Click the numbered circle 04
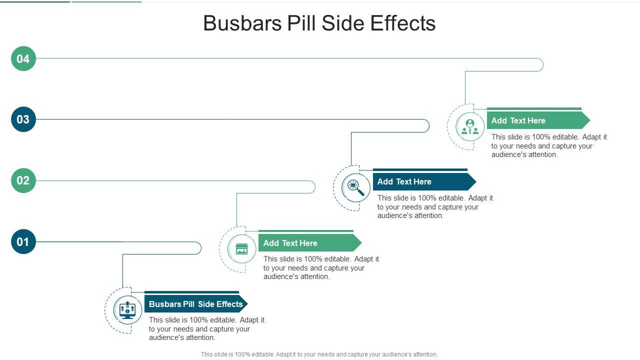pos(23,58)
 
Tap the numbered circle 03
pos(23,119)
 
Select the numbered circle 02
pos(23,180)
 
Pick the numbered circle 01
pos(23,241)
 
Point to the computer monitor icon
pos(127,310)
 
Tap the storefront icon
pos(241,248)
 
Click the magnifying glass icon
pos(355,187)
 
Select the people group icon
pos(469,126)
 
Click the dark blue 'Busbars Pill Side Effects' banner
pos(195,304)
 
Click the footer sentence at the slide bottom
pos(319,354)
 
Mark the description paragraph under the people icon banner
pos(549,145)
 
